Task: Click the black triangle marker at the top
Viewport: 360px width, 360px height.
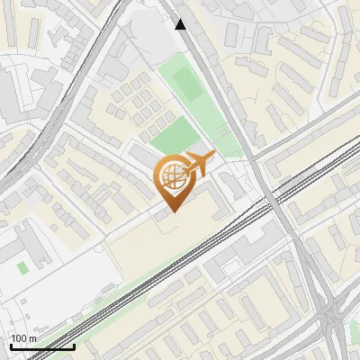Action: (181, 24)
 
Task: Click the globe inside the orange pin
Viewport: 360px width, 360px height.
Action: (170, 178)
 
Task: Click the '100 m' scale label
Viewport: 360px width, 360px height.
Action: (22, 338)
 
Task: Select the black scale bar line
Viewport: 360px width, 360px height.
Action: (41, 346)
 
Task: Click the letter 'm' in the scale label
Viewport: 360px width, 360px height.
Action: (32, 338)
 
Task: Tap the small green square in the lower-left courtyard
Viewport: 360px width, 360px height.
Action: (22, 267)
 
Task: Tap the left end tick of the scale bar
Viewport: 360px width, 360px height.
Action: (10, 345)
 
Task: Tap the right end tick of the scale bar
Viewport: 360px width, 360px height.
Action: (74, 345)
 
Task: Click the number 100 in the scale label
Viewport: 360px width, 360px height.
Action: (18, 338)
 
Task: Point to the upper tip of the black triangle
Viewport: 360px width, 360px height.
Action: (181, 19)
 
